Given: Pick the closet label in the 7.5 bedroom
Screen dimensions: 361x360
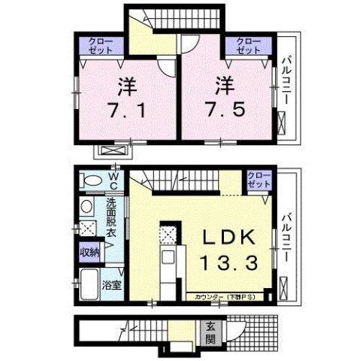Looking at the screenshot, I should coord(247,44).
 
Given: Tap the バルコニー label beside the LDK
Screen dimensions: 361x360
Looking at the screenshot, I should coord(287,237).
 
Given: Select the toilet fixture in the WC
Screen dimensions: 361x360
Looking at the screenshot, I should coord(91,181).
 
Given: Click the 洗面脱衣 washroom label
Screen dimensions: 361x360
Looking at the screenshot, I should coord(110,218).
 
